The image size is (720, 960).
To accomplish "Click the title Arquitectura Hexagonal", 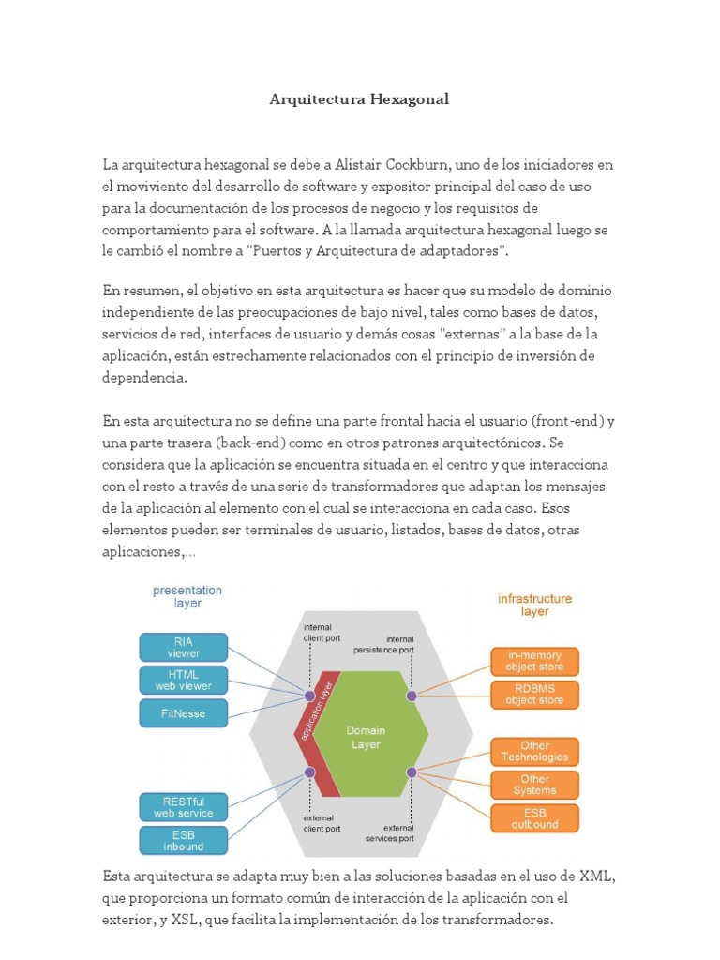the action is pyautogui.click(x=360, y=98).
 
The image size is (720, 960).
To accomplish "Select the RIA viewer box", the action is pyautogui.click(x=184, y=647).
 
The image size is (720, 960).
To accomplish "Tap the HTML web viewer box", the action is pyautogui.click(x=184, y=680).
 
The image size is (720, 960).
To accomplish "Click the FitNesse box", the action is pyautogui.click(x=184, y=713).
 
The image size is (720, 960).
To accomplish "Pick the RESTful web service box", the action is pyautogui.click(x=184, y=807).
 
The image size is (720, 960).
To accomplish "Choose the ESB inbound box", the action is pyautogui.click(x=184, y=840).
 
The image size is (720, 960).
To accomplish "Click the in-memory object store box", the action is pyautogui.click(x=534, y=661).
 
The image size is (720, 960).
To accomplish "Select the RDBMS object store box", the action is pyautogui.click(x=534, y=694).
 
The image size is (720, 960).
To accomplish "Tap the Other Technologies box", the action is pyautogui.click(x=534, y=751).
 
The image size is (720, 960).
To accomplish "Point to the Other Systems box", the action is pyautogui.click(x=534, y=784).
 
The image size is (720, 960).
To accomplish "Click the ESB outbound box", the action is pyautogui.click(x=534, y=817).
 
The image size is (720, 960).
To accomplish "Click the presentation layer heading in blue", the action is pyautogui.click(x=187, y=597).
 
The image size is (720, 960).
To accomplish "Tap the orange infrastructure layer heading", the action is pyautogui.click(x=534, y=605).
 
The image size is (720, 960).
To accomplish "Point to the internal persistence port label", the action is pyautogui.click(x=382, y=644).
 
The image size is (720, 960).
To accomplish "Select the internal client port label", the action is pyautogui.click(x=322, y=632).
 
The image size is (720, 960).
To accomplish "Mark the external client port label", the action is pyautogui.click(x=322, y=822).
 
